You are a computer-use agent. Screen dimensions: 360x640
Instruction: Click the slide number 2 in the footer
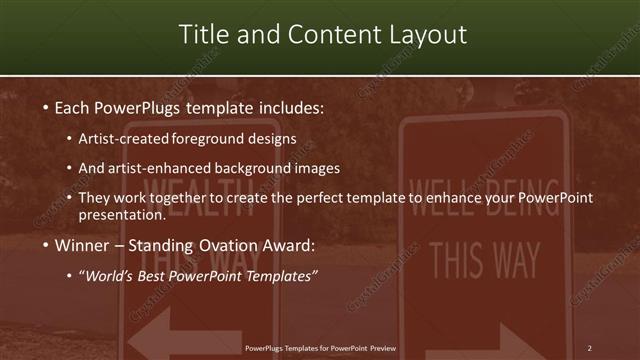click(x=589, y=348)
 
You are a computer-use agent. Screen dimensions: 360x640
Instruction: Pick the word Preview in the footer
click(x=382, y=348)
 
